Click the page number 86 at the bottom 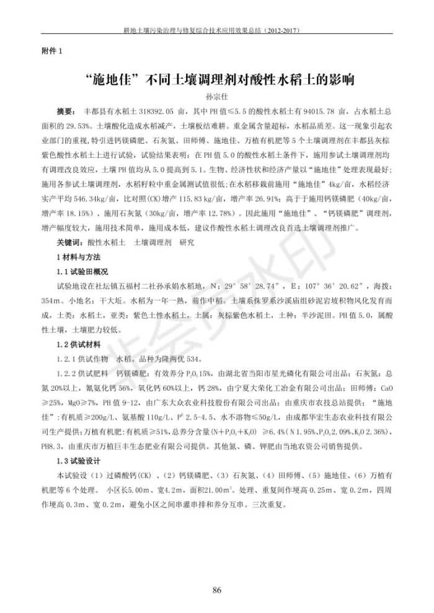pyautogui.click(x=216, y=589)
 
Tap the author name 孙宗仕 pyautogui.click(x=216, y=97)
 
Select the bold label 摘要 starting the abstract pyautogui.click(x=66, y=112)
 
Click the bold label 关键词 pyautogui.click(x=68, y=243)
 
